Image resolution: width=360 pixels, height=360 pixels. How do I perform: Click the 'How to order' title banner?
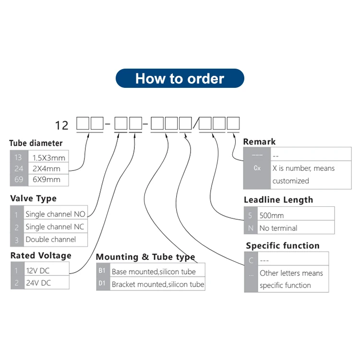pos(180,78)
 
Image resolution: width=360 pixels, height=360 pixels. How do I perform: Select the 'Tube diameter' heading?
pos(36,143)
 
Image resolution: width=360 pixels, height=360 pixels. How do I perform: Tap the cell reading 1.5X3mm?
pos(48,157)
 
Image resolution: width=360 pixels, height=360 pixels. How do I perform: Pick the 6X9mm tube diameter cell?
pos(47,180)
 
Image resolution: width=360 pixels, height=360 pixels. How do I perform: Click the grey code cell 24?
pos(18,168)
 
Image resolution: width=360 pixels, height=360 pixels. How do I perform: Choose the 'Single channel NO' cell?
pos(55,214)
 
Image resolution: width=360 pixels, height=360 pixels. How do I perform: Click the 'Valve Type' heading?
pos(33,198)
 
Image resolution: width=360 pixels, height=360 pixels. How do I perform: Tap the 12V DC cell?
pos(38,270)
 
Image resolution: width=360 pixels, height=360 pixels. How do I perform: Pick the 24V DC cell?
pos(38,283)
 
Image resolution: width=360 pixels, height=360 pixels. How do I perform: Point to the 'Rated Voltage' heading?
pos(41,255)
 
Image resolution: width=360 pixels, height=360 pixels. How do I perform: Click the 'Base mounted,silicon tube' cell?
pos(154,272)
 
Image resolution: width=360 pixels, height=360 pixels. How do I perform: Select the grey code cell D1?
pos(102,284)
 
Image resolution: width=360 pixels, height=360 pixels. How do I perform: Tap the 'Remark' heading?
pos(259,142)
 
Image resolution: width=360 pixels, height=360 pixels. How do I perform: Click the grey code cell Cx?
pos(257,168)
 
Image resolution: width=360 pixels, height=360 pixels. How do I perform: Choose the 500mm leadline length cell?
pos(271,216)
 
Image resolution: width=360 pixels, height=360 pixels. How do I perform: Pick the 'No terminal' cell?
pos(278,228)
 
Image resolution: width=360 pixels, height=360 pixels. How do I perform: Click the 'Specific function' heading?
pos(283,246)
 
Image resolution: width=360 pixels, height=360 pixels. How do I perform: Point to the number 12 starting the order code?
pos(62,126)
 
